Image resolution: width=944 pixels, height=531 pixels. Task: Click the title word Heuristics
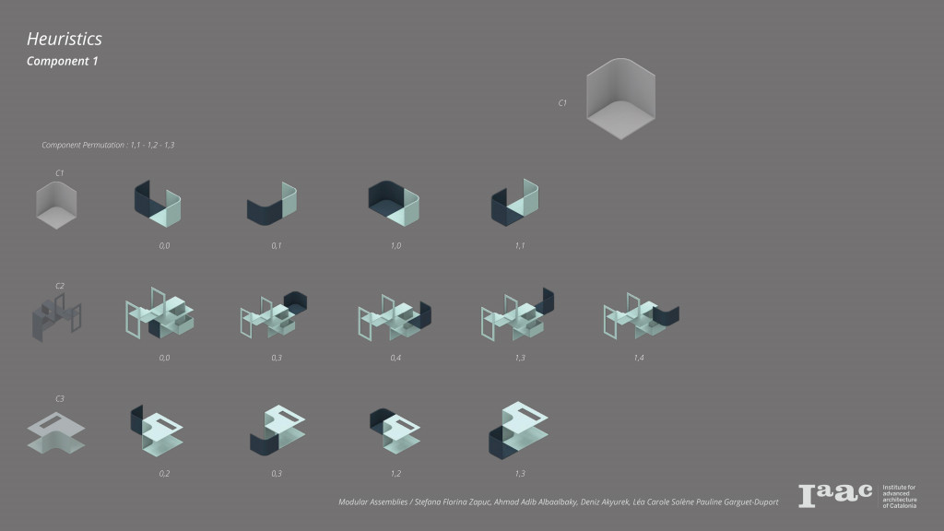pos(64,39)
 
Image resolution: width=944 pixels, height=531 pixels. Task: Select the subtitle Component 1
pos(62,61)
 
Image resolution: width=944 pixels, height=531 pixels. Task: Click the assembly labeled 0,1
pos(273,204)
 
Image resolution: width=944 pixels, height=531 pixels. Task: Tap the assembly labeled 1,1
pos(515,202)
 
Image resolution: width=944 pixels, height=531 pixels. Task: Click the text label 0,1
pos(277,247)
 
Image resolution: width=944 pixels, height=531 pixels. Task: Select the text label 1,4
pos(638,357)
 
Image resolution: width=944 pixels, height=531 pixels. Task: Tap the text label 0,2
pos(164,473)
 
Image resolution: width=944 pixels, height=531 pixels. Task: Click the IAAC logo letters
pos(834,495)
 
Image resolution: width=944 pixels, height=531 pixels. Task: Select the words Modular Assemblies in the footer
pos(370,502)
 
